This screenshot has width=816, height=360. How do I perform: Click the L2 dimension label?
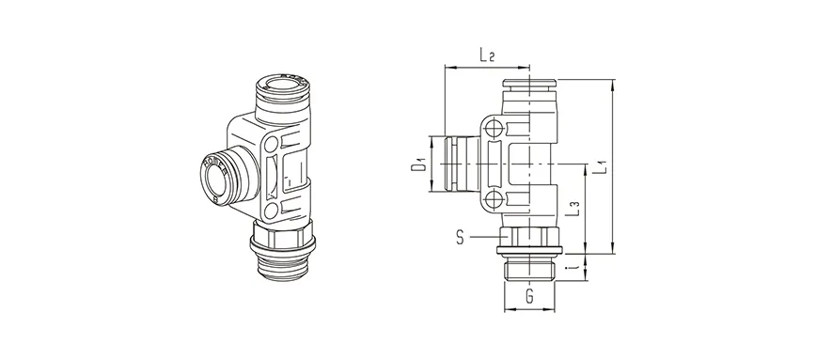pyautogui.click(x=486, y=55)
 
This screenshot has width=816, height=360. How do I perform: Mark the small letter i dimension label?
pyautogui.click(x=575, y=267)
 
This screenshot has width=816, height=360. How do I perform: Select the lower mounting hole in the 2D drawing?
pyautogui.click(x=494, y=198)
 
